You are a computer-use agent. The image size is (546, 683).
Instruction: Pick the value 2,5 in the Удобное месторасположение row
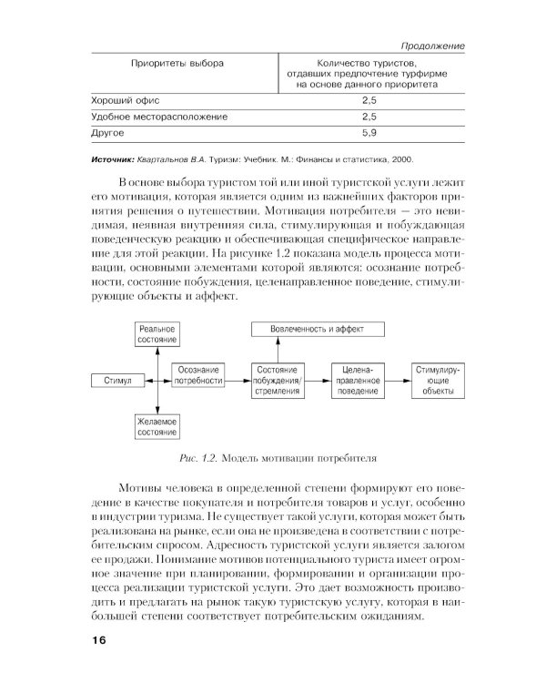[369, 117]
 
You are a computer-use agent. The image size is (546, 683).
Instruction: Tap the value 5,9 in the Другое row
[369, 135]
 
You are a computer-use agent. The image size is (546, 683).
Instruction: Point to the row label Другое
[108, 135]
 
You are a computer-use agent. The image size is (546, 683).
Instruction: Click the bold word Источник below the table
[120, 159]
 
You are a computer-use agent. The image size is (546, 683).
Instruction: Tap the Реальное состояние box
[157, 333]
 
